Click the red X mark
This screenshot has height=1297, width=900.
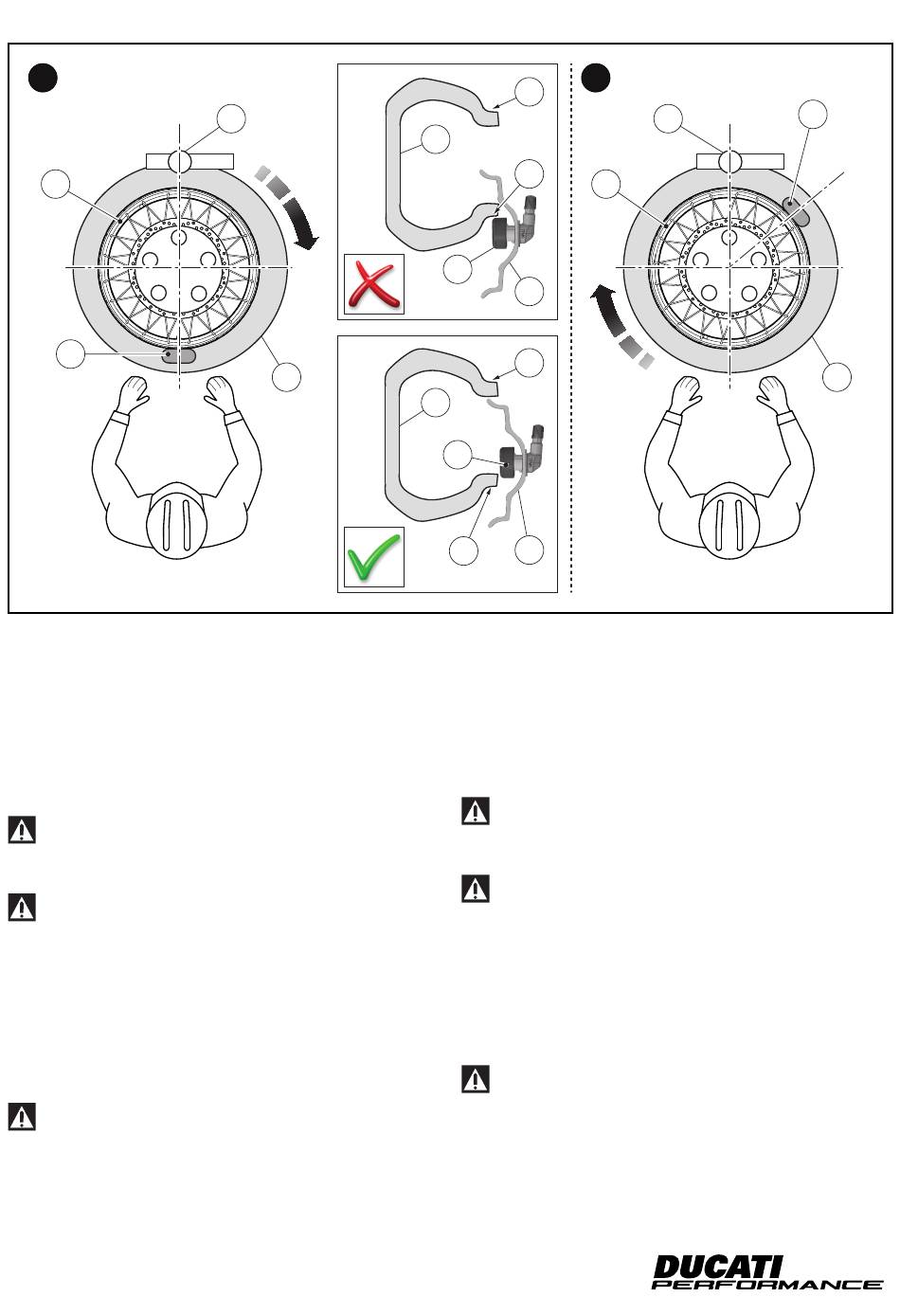pyautogui.click(x=373, y=283)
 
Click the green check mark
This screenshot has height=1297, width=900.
pyautogui.click(x=373, y=557)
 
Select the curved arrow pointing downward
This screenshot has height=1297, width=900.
pyautogui.click(x=293, y=208)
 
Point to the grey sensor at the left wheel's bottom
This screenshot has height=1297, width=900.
pyautogui.click(x=178, y=355)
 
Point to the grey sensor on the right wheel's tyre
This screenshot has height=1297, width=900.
pyautogui.click(x=798, y=209)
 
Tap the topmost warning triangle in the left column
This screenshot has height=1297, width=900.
pyautogui.click(x=22, y=831)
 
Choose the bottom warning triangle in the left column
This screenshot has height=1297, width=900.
pyautogui.click(x=22, y=1117)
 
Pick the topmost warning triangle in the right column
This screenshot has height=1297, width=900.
pyautogui.click(x=475, y=812)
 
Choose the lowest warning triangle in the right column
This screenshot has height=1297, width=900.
pyautogui.click(x=475, y=1079)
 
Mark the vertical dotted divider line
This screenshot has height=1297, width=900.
pyautogui.click(x=571, y=379)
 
